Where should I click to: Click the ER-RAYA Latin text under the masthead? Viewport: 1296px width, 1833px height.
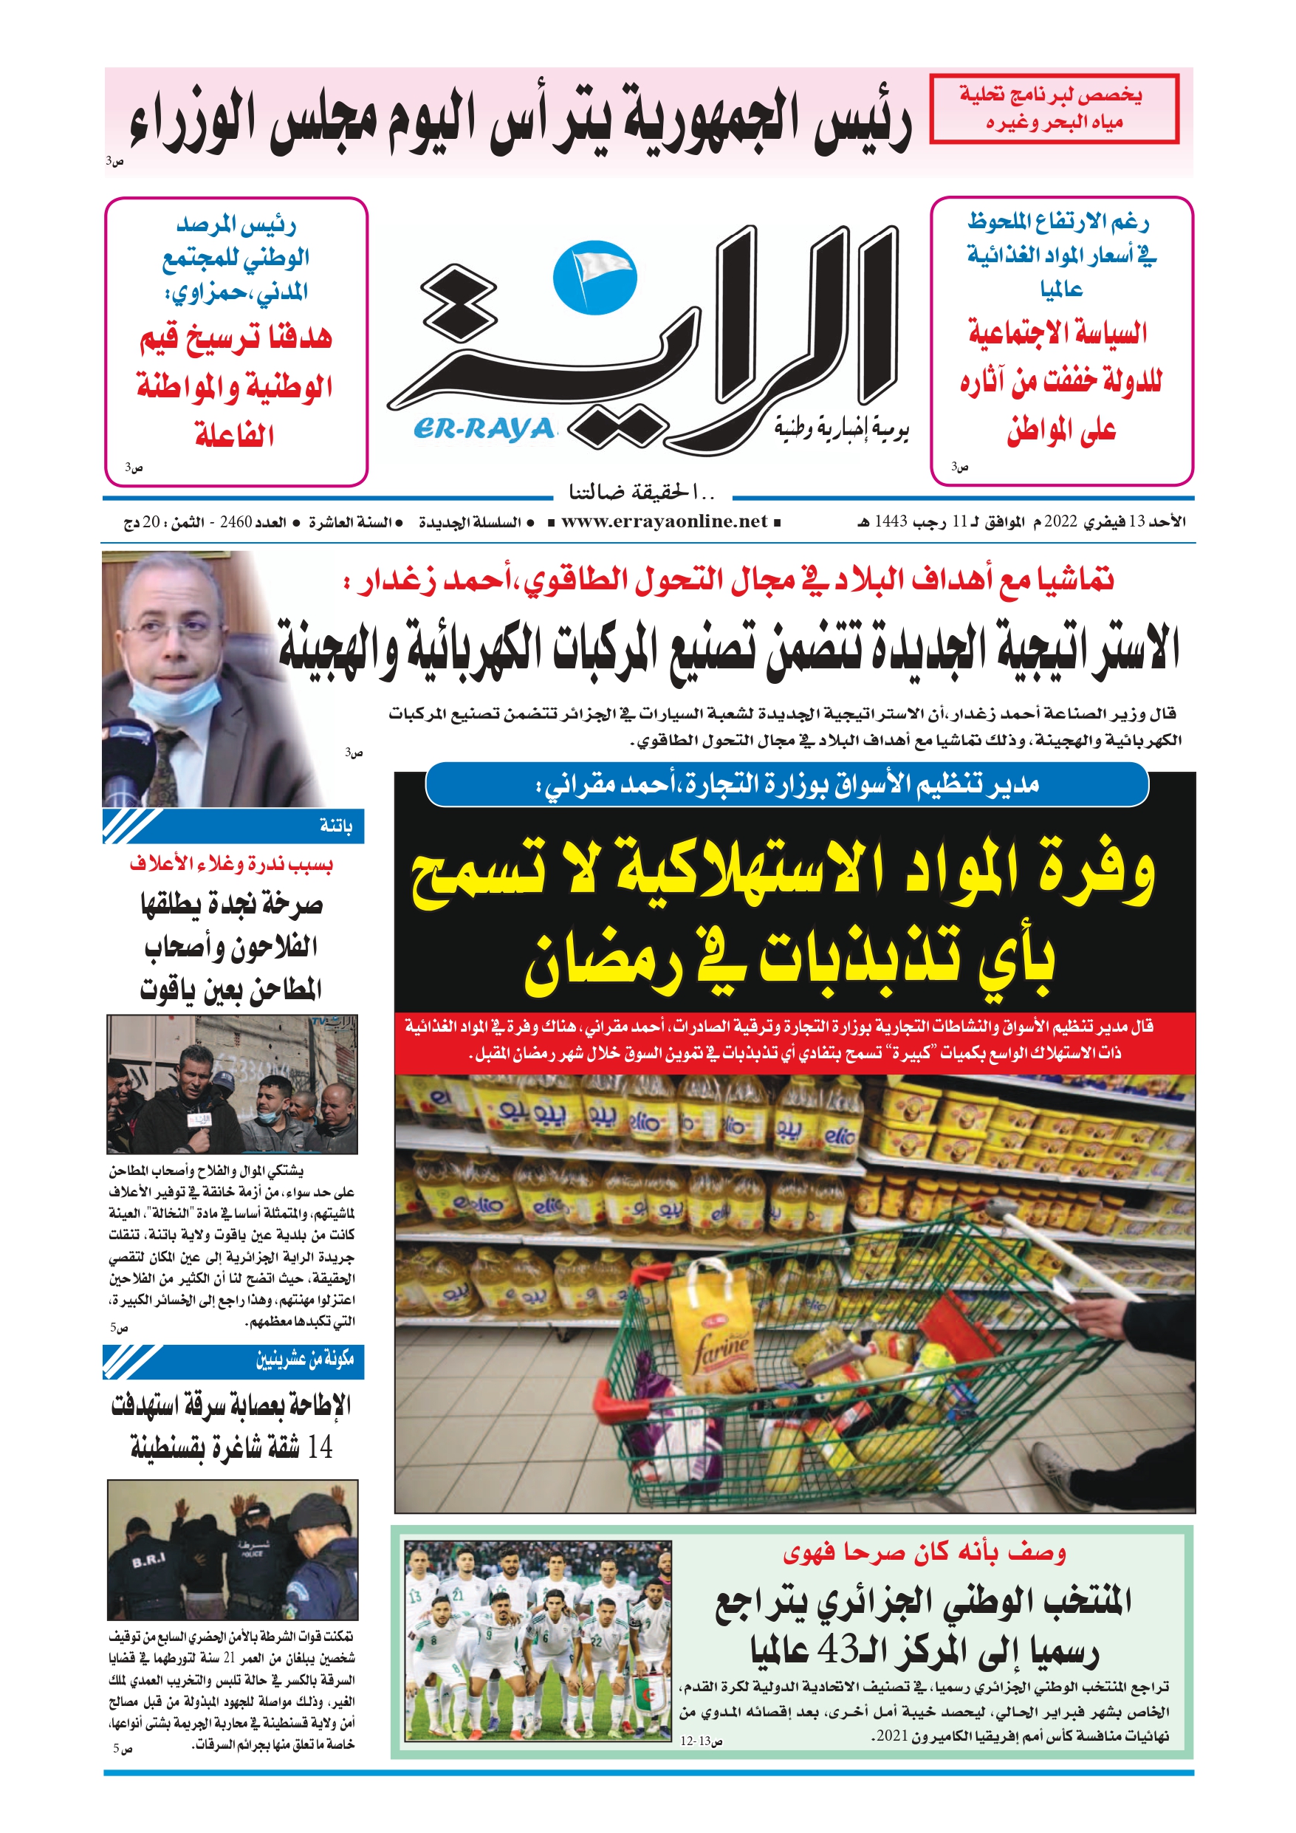pyautogui.click(x=484, y=430)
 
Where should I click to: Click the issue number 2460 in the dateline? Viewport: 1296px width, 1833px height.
pyautogui.click(x=236, y=523)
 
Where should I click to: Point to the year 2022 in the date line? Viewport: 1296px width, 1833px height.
pyautogui.click(x=1060, y=522)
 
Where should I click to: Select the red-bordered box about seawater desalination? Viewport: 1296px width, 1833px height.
pyautogui.click(x=1054, y=109)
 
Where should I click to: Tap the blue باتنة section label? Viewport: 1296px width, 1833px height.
pyautogui.click(x=335, y=826)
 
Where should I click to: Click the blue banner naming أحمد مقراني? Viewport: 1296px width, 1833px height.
pyautogui.click(x=786, y=786)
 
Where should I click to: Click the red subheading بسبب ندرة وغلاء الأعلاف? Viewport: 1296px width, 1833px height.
pyautogui.click(x=232, y=865)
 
